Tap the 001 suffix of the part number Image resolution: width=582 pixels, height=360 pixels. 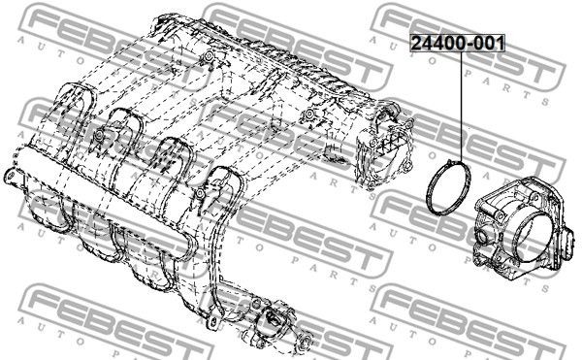(x=489, y=44)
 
